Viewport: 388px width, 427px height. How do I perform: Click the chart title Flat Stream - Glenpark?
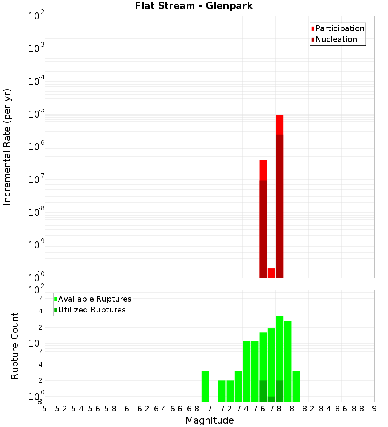(x=194, y=6)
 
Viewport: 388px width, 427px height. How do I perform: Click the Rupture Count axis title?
(x=15, y=346)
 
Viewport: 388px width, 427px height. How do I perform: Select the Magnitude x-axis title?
(x=210, y=420)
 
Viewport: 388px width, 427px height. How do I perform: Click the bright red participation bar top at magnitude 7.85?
(x=279, y=124)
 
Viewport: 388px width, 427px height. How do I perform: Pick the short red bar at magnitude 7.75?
(x=271, y=273)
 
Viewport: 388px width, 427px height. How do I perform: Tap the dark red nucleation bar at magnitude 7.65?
(x=263, y=229)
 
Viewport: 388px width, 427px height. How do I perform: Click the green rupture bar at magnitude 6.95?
(x=205, y=386)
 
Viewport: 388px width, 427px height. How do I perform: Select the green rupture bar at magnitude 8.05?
(x=296, y=386)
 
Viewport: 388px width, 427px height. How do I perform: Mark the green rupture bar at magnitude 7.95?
(x=288, y=361)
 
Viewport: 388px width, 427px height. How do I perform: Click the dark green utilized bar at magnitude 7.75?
(x=271, y=399)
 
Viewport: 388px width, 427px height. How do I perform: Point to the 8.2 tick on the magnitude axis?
(x=308, y=409)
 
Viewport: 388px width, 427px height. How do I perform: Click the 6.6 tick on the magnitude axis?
(x=177, y=409)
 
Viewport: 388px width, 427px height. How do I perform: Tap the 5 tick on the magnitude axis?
(x=45, y=409)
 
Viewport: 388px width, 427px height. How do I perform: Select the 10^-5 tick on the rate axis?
(x=36, y=115)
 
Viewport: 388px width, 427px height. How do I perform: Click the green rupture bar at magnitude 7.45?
(x=246, y=371)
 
